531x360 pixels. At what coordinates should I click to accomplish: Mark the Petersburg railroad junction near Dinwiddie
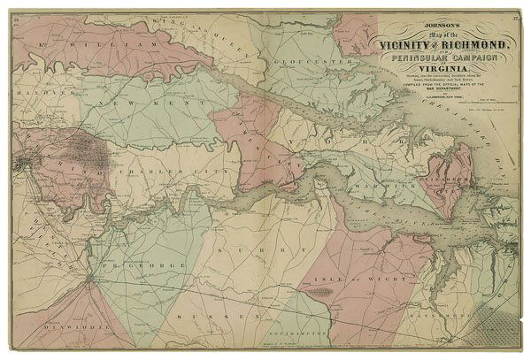pos(88,282)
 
